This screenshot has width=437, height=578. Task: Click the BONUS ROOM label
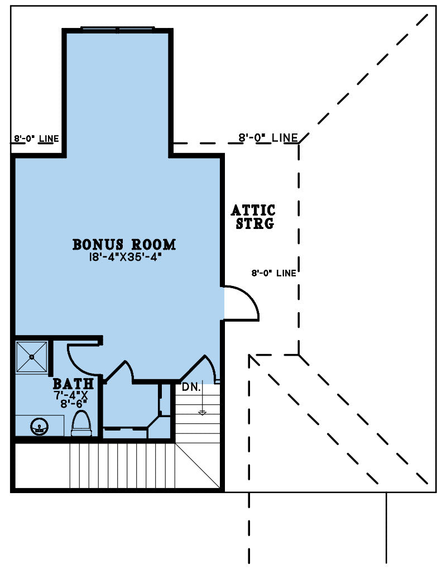coord(124,245)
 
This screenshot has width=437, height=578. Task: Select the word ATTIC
coord(253,211)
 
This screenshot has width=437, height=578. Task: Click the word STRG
coord(255,223)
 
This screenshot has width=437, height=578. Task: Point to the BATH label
coord(73,384)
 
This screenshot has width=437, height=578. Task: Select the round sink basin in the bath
coord(39,427)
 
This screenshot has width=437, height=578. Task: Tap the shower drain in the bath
coord(32,357)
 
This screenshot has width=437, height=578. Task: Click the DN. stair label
coord(191,388)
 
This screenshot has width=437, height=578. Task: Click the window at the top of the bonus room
coord(118,29)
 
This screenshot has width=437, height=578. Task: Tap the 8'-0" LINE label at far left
coord(36,139)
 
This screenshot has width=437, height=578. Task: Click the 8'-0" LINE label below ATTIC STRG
coord(274,273)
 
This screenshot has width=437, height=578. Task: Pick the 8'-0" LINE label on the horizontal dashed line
coord(268,138)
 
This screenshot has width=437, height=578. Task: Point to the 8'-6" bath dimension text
coord(74,404)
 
